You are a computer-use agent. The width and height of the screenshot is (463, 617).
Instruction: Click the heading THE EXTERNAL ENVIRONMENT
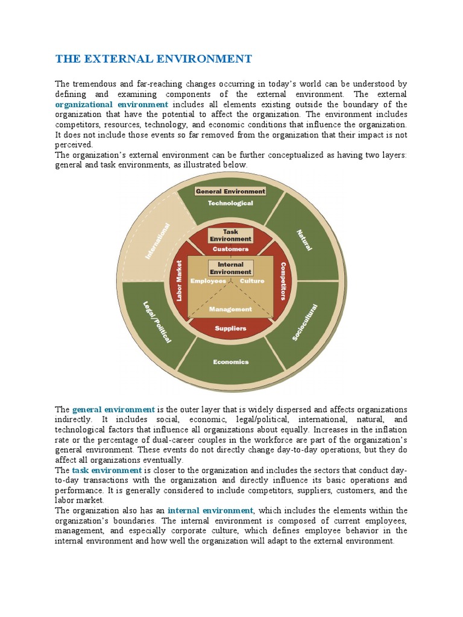153,58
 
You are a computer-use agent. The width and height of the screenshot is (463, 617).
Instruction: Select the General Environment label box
230,191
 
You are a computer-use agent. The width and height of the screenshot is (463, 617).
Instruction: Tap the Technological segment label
230,203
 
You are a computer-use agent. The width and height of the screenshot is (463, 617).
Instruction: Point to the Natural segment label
304,240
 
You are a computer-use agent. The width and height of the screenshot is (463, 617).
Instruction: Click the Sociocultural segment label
304,322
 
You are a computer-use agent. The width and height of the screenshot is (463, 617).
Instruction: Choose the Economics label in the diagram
230,362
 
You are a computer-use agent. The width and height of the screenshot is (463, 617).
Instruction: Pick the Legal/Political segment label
157,322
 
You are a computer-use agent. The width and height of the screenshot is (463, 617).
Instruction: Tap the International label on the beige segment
157,241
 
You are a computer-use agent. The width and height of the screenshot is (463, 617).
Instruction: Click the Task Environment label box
230,235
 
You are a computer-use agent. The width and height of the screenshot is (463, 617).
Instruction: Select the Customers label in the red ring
230,249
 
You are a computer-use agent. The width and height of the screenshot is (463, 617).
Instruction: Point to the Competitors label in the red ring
283,281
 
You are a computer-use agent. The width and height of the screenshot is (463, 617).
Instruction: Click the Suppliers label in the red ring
230,328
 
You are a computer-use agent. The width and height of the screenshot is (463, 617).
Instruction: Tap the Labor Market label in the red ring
179,281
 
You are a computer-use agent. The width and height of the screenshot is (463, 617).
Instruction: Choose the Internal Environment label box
230,268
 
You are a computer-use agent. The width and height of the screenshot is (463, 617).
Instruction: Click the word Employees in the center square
208,281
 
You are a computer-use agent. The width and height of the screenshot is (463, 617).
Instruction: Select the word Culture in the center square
252,281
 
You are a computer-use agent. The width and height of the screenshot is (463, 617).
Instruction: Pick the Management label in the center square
230,309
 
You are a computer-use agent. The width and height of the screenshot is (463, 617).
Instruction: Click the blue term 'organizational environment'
112,104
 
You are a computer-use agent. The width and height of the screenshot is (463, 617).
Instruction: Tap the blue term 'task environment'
107,470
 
